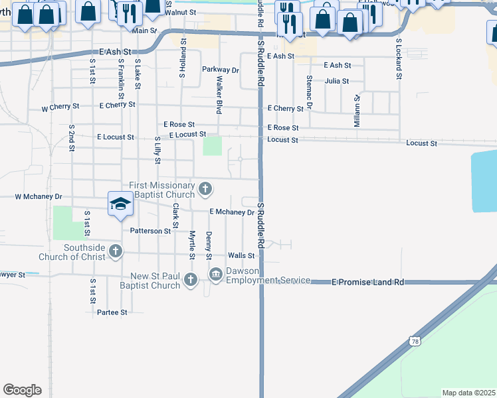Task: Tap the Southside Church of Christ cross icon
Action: point(116,251)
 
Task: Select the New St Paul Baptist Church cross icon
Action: point(191,279)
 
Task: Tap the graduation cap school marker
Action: point(120,204)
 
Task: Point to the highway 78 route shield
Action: point(414,340)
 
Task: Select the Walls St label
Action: point(241,255)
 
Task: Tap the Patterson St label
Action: point(150,231)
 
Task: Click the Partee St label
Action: point(112,312)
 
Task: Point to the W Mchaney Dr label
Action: point(39,197)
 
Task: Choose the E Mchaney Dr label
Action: point(232,212)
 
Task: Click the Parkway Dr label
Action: point(220,70)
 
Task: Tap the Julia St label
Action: point(337,81)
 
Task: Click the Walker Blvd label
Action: point(218,94)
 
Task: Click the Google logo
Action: point(22,390)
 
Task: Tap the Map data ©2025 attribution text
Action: point(468,393)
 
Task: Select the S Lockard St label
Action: point(399,59)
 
